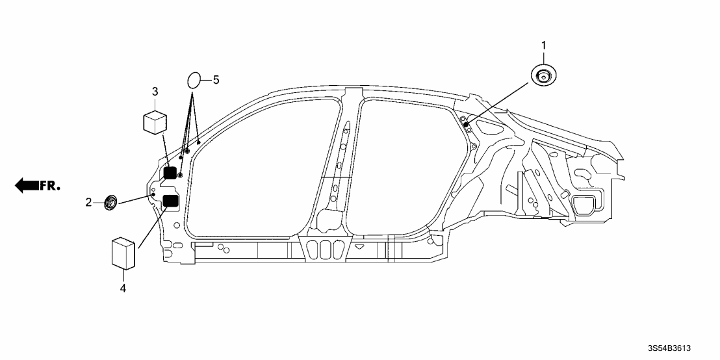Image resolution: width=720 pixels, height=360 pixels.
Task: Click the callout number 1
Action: [544, 45]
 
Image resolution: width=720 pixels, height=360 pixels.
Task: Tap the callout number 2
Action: [88, 203]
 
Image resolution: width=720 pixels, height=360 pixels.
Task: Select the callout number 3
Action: [155, 92]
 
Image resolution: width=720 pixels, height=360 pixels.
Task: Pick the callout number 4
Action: [122, 287]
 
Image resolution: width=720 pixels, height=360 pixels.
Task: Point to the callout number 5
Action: [216, 80]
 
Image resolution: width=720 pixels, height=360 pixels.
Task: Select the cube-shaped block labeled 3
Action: [155, 122]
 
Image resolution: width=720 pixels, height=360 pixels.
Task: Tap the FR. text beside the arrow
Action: [50, 186]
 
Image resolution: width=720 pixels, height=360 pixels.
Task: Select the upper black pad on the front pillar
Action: [170, 173]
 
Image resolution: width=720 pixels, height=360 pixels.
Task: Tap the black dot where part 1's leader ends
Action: [466, 123]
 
